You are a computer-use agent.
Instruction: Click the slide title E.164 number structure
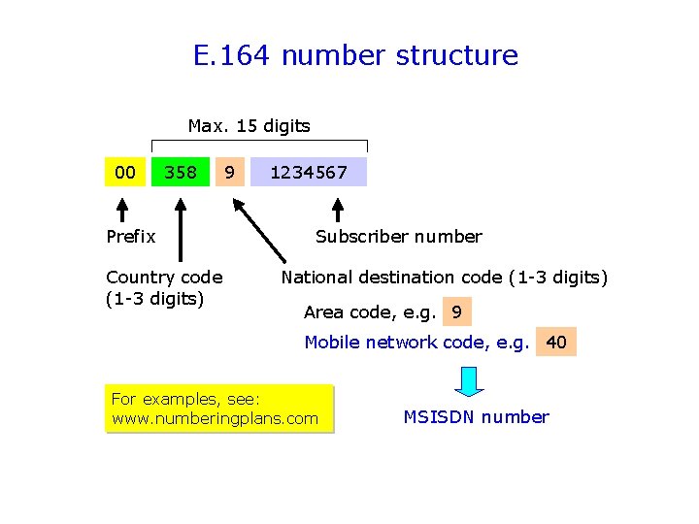355,55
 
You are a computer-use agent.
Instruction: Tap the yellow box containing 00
125,172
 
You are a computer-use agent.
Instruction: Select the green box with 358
181,172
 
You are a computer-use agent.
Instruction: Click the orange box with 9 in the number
228,172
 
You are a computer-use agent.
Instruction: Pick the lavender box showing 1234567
309,172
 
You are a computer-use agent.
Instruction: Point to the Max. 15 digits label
249,125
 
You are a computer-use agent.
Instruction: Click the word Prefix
130,237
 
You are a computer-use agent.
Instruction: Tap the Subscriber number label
398,237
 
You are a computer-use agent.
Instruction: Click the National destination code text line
444,278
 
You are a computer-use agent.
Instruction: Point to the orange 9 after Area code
456,312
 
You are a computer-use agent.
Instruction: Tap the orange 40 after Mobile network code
556,342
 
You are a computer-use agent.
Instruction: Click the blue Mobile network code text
416,342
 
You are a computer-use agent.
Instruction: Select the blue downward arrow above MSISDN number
469,380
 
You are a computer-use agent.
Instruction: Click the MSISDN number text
476,417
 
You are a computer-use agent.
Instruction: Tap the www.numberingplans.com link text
215,418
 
